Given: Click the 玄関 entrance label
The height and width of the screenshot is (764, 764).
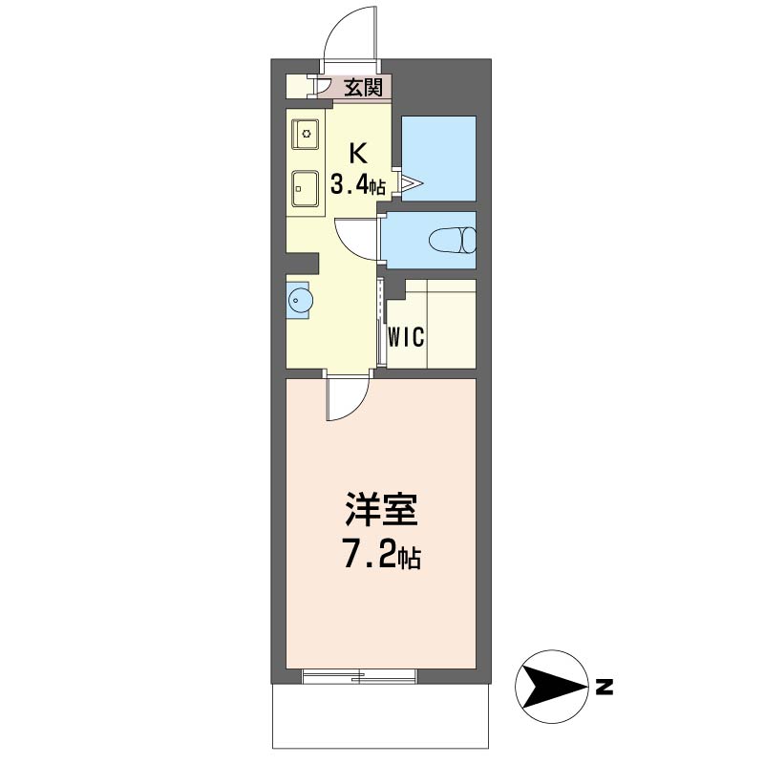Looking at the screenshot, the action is pyautogui.click(x=363, y=88).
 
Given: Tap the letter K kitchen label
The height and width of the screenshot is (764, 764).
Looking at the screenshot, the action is pyautogui.click(x=358, y=154).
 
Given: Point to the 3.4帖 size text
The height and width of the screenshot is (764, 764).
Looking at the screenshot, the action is pyautogui.click(x=358, y=184).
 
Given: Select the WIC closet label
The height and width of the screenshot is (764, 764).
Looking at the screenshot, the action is pyautogui.click(x=407, y=336).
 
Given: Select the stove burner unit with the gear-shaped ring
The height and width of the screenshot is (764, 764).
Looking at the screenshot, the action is pyautogui.click(x=306, y=134).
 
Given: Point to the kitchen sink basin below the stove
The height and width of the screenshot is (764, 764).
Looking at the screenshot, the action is pyautogui.click(x=306, y=188).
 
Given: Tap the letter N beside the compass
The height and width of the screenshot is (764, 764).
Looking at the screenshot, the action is pyautogui.click(x=605, y=687).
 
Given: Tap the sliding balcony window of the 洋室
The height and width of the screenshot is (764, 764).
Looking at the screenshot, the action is pyautogui.click(x=360, y=676).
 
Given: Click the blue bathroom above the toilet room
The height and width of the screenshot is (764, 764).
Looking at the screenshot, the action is pyautogui.click(x=438, y=159).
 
